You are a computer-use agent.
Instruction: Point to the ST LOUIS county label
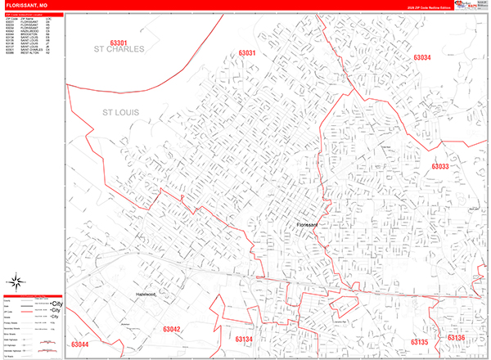pos(120,111)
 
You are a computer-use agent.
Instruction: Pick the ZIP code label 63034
pos(421,58)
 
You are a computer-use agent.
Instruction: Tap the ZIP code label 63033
pos(440,167)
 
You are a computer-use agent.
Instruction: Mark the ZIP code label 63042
pos(171,329)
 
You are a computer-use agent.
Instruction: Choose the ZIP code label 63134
pos(245,339)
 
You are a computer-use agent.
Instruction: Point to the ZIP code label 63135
pos(419,341)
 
